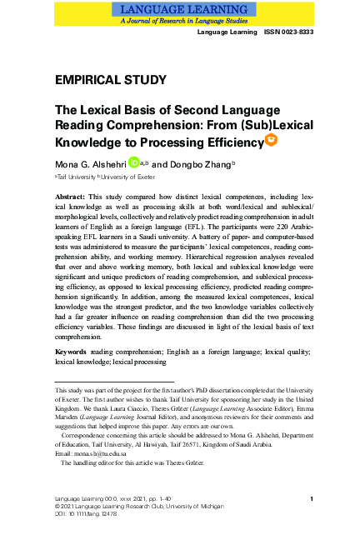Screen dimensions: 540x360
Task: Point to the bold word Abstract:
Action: [73, 196]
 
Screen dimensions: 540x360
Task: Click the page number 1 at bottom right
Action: [310, 498]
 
